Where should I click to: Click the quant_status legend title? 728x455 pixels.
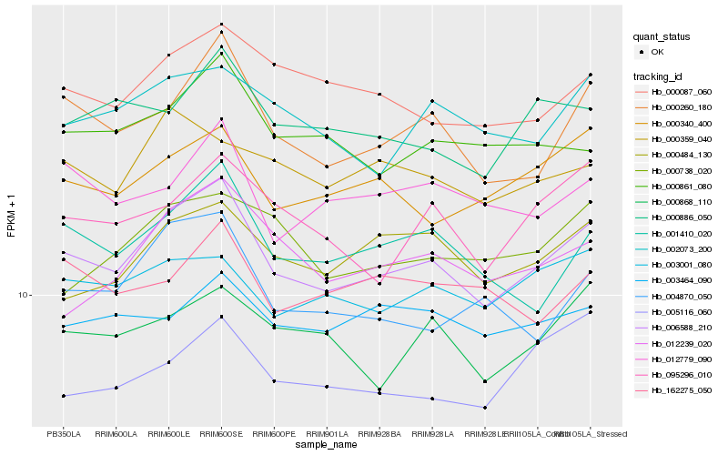click(662, 36)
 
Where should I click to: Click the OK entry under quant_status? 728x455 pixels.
click(657, 52)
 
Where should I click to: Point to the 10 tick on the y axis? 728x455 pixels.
click(25, 295)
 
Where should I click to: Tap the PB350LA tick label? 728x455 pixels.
click(63, 433)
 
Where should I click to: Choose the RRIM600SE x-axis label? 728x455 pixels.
click(221, 433)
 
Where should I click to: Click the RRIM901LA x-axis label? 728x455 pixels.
click(327, 433)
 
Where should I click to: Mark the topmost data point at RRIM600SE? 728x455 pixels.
click(221, 24)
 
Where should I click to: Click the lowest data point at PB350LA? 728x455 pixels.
click(63, 396)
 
